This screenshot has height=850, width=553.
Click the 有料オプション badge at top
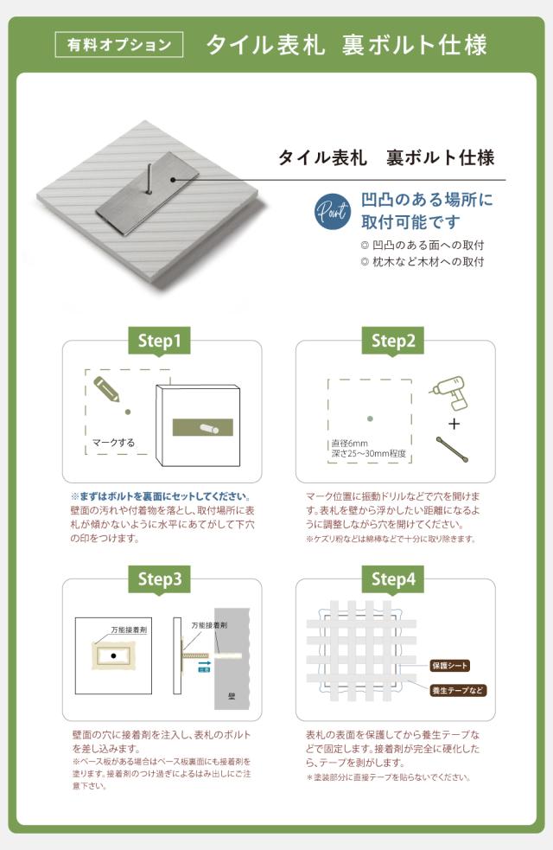pos(119,44)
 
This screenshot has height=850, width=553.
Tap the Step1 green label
pos(159,341)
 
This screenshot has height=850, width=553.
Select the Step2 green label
pos(393,341)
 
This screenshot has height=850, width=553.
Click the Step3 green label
pos(159,579)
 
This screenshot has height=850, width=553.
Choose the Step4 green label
pos(393,579)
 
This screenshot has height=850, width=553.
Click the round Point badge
pos(333,210)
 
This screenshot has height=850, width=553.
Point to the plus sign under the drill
pos(454,424)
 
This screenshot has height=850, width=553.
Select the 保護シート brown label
pos(450,665)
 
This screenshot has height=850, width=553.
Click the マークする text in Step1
pos(113,443)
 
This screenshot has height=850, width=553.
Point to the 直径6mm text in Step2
pos(350,443)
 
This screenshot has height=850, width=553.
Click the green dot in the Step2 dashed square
pos(370,419)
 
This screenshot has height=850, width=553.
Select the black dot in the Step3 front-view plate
pos(113,657)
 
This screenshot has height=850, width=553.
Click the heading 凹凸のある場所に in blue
pos(427,200)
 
